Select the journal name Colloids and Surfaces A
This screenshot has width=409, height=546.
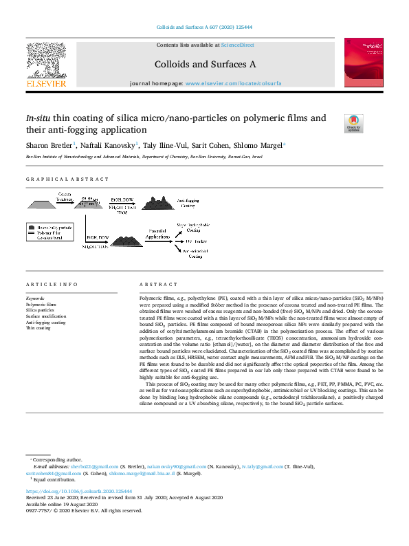(206, 64)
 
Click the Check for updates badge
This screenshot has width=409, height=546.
(353, 124)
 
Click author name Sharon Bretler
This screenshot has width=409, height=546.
(47, 146)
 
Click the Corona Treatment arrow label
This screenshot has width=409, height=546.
(67, 198)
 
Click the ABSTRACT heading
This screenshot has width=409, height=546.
(159, 285)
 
